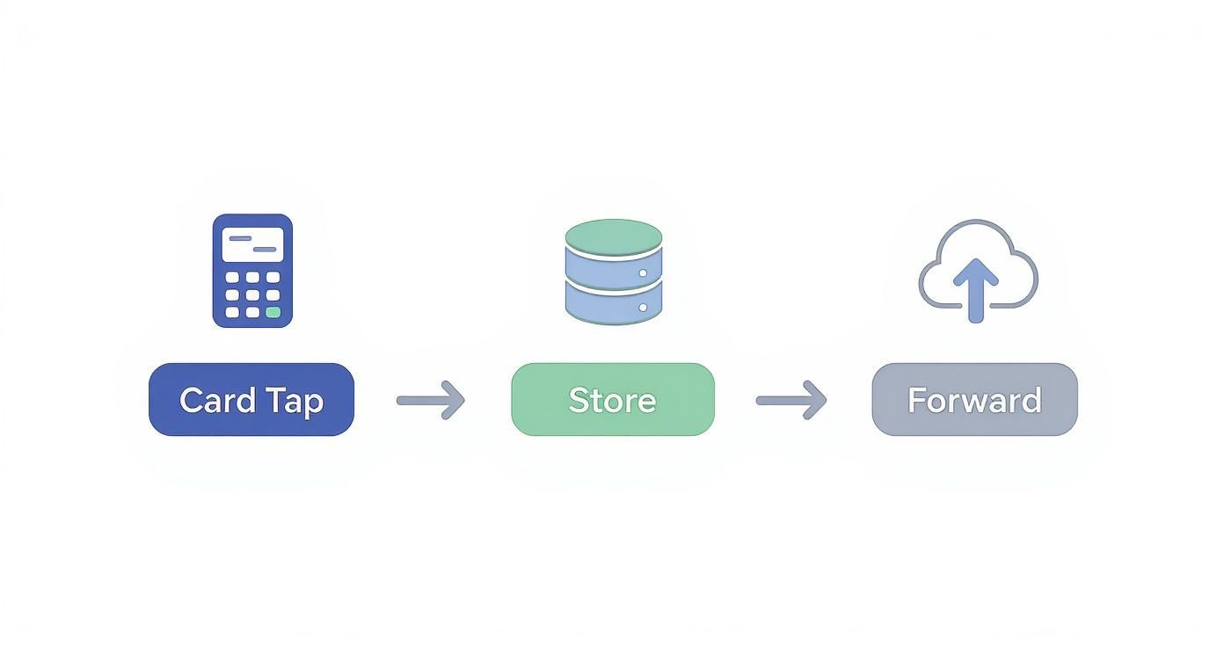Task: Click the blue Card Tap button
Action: (251, 400)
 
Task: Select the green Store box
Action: (613, 400)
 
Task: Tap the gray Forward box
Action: (974, 400)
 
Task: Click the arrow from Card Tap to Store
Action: (431, 400)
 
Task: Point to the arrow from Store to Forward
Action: (791, 400)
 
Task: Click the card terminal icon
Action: (252, 271)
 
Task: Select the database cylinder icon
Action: (613, 272)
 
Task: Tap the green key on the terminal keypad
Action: (273, 312)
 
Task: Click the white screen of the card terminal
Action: (252, 243)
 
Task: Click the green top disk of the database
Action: (613, 236)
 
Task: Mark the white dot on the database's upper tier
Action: (643, 273)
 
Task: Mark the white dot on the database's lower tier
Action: (643, 308)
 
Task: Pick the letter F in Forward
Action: (916, 400)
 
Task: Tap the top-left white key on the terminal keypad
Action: (232, 277)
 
